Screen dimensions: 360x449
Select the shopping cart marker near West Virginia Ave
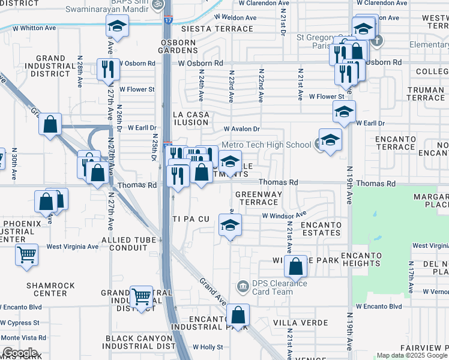click(x=26, y=255)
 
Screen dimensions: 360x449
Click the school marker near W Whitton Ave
click(x=116, y=26)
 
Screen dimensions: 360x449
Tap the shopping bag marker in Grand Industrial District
click(x=51, y=124)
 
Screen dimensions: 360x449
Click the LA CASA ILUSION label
click(x=191, y=118)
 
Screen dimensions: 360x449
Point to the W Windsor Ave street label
click(x=283, y=215)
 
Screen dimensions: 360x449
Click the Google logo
click(x=19, y=353)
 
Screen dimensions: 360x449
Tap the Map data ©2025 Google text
click(x=411, y=355)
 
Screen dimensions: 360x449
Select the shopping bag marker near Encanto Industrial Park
click(x=238, y=315)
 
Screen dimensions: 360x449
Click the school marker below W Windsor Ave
click(x=230, y=226)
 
